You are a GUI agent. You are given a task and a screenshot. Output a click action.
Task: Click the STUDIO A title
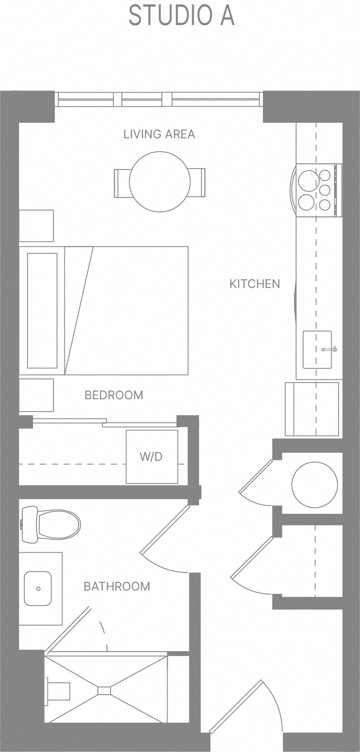181,16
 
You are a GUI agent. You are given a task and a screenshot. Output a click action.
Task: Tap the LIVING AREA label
159,134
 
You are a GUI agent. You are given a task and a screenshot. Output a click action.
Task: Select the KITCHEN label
254,284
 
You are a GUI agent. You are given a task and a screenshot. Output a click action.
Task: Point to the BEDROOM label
114,395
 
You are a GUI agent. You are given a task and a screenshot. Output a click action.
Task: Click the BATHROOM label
117,586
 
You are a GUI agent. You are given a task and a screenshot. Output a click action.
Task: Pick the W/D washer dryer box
152,457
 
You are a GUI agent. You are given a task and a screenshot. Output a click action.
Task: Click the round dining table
160,181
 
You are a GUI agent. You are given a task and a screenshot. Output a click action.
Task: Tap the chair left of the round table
121,183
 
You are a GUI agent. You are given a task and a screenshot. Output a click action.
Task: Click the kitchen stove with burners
317,190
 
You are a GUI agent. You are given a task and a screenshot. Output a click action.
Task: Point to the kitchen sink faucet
329,350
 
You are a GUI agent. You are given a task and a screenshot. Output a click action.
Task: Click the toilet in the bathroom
52,525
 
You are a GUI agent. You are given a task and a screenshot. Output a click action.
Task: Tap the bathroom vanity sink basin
38,588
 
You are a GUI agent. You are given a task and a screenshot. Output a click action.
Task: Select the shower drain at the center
104,690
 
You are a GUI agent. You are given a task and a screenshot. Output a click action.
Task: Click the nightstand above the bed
36,225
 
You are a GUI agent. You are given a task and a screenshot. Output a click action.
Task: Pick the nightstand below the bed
36,395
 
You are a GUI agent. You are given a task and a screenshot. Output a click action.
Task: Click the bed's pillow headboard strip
42,311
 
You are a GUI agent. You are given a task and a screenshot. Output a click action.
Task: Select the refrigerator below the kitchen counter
312,409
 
